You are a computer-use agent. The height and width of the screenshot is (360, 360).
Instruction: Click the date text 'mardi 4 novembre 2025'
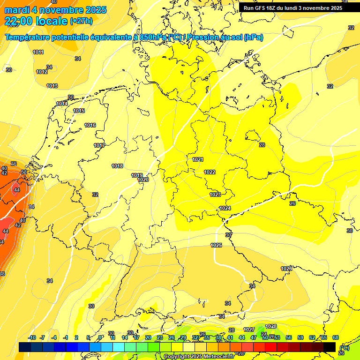[x=56, y=10]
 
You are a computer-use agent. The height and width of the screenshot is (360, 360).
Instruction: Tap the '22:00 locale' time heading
[x=36, y=21]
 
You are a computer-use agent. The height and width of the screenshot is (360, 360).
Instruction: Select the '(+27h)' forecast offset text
[x=81, y=21]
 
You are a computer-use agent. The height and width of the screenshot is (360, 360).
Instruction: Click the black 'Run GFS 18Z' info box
[x=292, y=7]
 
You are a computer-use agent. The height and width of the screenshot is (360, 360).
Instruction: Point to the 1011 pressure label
[x=38, y=52]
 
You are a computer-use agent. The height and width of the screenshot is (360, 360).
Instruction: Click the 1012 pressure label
[x=42, y=72]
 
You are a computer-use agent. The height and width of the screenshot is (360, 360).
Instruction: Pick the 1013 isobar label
[x=52, y=86]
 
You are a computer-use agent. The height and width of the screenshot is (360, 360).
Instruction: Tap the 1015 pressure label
[x=79, y=111]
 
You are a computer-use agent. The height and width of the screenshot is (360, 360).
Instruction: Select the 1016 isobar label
[x=90, y=125]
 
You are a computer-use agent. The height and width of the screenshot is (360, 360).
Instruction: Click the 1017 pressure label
[x=99, y=145]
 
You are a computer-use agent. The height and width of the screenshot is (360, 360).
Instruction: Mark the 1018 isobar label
[x=117, y=166]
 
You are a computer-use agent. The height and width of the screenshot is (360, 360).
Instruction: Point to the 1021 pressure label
[x=198, y=160]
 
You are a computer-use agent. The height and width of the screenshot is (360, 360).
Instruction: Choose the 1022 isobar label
[x=210, y=172]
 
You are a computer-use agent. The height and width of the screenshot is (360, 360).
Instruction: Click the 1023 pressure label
[x=215, y=195]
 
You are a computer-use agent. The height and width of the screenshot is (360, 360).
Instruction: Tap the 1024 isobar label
[x=225, y=208]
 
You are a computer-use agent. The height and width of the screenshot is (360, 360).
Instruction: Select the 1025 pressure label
[x=216, y=245]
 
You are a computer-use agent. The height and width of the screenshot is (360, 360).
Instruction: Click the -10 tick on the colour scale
[x=32, y=337]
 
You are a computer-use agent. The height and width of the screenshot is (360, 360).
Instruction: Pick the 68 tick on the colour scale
[x=336, y=337]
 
